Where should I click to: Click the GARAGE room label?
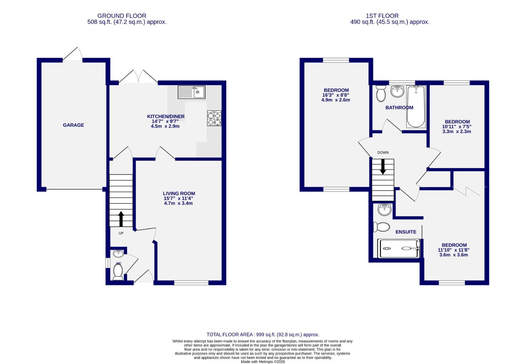73,125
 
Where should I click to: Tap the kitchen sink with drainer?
191,92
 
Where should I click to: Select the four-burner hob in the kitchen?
214,118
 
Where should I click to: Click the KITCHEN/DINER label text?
166,117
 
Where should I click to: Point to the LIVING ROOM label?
179,193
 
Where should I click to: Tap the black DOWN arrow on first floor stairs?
383,166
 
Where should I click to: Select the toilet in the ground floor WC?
118,271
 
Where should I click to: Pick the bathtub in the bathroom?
416,107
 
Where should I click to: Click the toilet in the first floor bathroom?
381,93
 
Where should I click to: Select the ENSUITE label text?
406,232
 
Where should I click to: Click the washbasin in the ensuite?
385,210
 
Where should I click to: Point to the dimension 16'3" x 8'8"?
336,95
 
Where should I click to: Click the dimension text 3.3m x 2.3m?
456,131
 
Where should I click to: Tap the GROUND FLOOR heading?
121,16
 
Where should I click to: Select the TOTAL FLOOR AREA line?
262,335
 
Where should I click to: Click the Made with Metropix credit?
262,362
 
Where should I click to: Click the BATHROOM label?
399,108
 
